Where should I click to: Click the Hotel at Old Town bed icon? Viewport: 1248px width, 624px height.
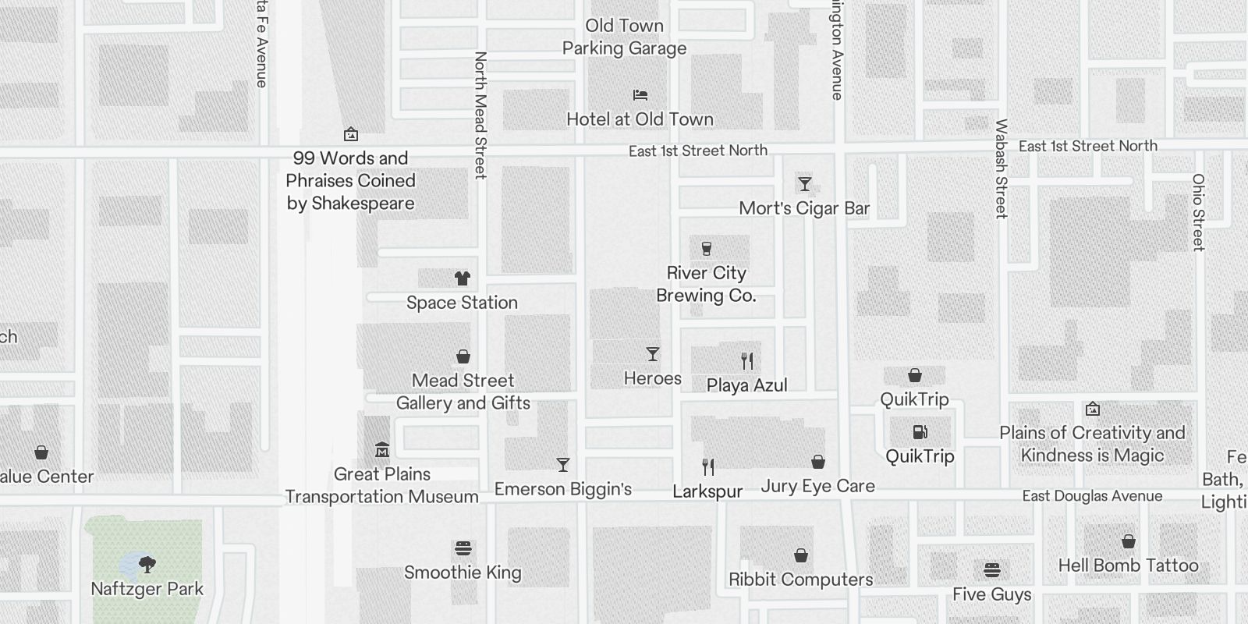coord(640,95)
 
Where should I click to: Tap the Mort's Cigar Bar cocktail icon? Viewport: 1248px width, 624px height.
coord(804,184)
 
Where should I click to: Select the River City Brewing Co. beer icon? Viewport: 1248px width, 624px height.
coord(707,249)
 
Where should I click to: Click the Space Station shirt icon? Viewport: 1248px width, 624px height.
coord(463,278)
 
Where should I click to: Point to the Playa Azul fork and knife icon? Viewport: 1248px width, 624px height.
coord(747,360)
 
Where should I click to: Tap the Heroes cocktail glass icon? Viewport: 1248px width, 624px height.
coord(653,354)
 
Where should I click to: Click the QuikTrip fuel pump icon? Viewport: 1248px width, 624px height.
coord(920,432)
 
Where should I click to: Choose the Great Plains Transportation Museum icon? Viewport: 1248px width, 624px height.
coord(382,449)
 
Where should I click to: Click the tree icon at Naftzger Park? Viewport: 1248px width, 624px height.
coord(147,564)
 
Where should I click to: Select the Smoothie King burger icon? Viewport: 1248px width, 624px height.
coord(463,548)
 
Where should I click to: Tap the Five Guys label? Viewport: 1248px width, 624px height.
coord(991,594)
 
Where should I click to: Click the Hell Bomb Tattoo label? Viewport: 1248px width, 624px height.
coord(1128,565)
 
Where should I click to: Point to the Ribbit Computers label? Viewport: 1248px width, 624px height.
coord(800,580)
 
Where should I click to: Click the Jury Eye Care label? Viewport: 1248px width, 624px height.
coord(817,486)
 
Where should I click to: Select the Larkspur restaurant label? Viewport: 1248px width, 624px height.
coord(707,492)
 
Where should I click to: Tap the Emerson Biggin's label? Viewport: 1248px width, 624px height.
coord(563,489)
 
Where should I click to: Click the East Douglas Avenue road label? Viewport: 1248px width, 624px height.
coord(1092,496)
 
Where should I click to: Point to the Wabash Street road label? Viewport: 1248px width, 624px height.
coord(1002,168)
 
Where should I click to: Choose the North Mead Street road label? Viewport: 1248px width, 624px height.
coord(480,115)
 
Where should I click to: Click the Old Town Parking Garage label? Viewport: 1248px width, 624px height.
coord(625,37)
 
